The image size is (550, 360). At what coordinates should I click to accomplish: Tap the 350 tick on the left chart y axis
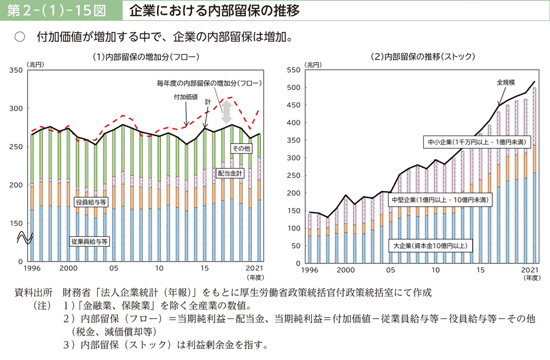[x=17, y=70]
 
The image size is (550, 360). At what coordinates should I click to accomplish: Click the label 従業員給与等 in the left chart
[x=89, y=242]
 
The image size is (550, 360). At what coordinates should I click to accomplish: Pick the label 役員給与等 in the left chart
[x=91, y=202]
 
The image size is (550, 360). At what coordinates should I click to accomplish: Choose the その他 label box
[x=241, y=148]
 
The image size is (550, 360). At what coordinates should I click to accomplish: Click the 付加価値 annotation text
[x=186, y=97]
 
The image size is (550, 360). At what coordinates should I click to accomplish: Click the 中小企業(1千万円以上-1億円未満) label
[x=477, y=142]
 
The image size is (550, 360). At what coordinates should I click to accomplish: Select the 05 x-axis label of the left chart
[x=114, y=268]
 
